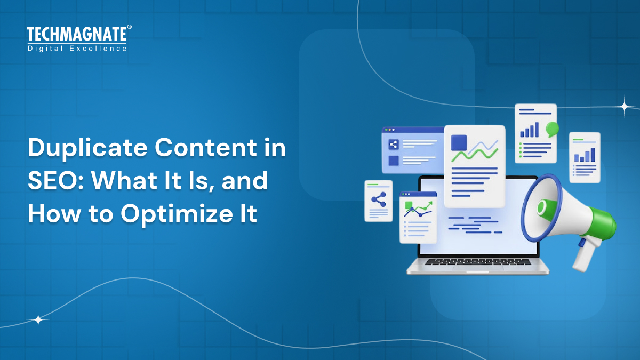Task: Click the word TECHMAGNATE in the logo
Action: pos(76,35)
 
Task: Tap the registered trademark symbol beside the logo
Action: pos(129,27)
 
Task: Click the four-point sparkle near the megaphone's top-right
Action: pos(625,106)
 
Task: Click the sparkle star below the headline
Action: pos(38,320)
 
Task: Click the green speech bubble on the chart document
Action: pos(552,127)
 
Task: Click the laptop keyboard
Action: pos(477,262)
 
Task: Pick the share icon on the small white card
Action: pos(378,200)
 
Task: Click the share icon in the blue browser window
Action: pos(394,144)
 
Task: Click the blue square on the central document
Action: pos(459,142)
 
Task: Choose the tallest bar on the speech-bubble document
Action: pos(537,129)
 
